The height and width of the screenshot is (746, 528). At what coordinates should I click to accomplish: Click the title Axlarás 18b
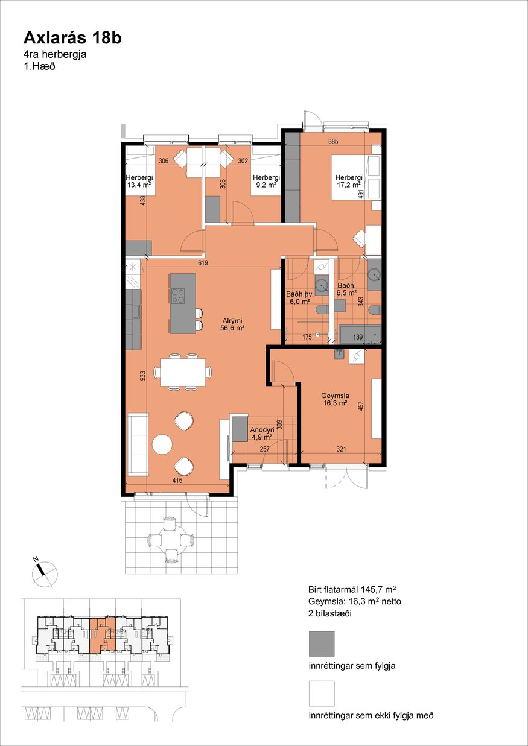72,39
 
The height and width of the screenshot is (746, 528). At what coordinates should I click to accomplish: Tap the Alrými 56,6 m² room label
233,324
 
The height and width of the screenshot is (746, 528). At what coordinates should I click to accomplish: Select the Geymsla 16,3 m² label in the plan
335,399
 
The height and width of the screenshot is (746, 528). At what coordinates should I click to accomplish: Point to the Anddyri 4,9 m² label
262,434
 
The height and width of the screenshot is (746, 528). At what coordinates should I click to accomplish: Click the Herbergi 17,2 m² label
349,181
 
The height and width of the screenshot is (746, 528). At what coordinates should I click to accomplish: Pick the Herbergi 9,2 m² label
266,181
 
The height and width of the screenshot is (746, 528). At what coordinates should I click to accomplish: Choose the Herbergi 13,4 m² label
139,181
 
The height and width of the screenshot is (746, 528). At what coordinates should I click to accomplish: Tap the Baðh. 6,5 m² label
347,289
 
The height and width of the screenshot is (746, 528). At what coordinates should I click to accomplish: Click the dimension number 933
142,375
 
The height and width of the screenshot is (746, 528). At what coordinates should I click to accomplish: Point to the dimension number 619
203,263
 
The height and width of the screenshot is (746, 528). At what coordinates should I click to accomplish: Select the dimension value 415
177,480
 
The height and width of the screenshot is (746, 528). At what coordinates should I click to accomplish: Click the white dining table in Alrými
183,372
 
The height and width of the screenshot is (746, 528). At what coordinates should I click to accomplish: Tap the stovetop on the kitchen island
177,296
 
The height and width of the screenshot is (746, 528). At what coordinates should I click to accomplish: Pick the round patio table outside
170,540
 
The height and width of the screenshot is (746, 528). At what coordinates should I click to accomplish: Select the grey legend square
322,643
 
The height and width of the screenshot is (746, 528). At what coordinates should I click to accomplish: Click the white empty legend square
322,694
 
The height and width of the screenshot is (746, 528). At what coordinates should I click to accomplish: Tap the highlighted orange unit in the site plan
103,636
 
